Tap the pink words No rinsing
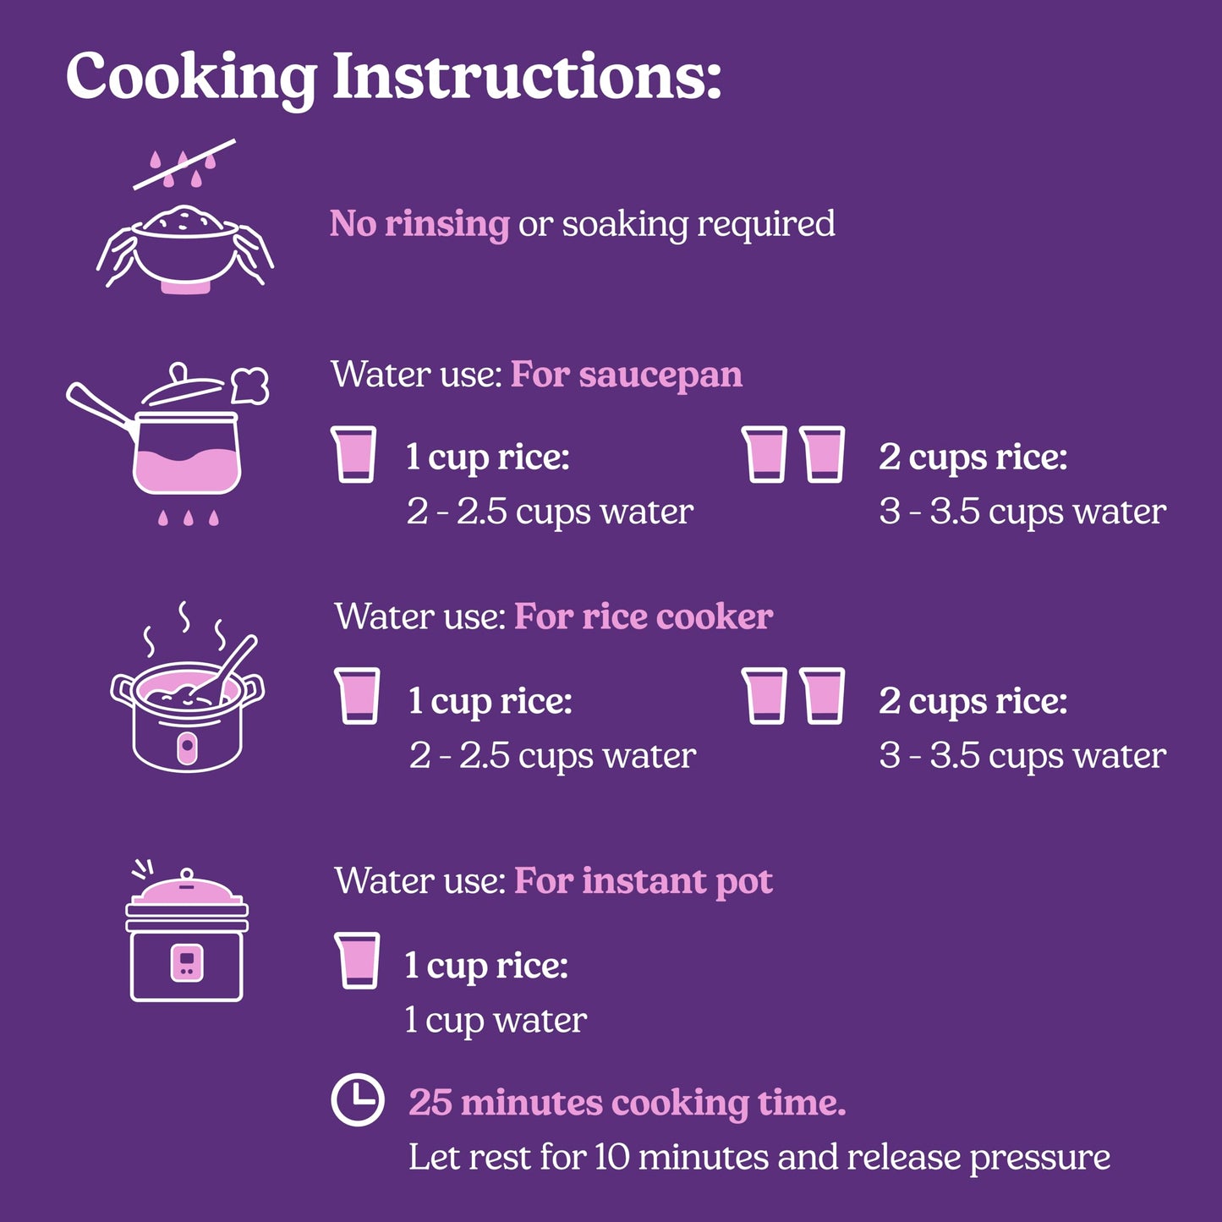click(x=419, y=224)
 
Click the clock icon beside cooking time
click(x=358, y=1100)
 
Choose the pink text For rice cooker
click(x=644, y=616)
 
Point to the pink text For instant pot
click(x=644, y=881)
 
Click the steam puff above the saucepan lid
click(x=249, y=385)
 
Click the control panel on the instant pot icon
click(x=187, y=963)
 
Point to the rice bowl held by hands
click(x=184, y=247)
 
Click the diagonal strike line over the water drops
click(x=184, y=164)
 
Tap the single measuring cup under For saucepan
click(x=353, y=454)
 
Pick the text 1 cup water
click(x=496, y=1021)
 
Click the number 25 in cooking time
click(x=430, y=1102)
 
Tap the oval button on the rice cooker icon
click(x=187, y=749)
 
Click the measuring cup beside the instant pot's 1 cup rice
click(x=357, y=960)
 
